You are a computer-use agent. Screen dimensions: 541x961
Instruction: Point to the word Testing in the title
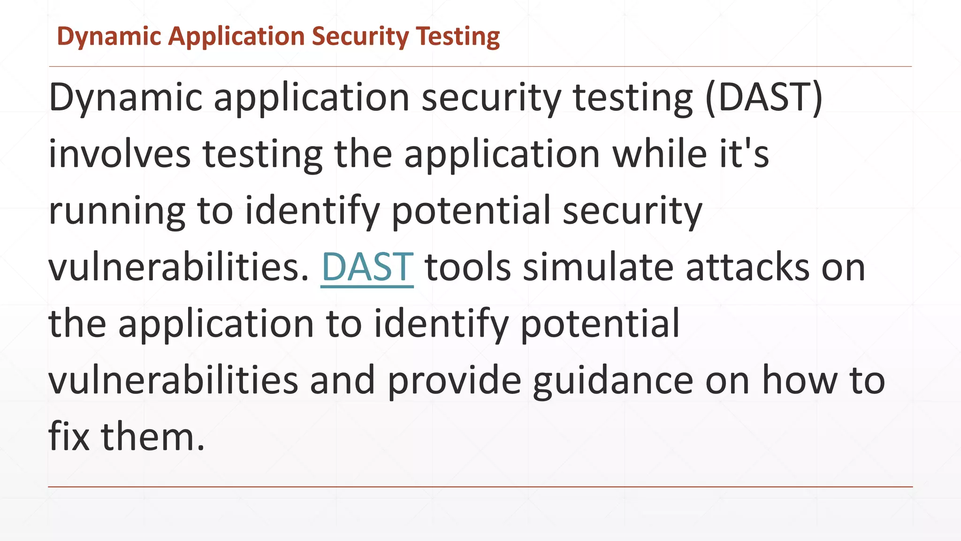(x=458, y=37)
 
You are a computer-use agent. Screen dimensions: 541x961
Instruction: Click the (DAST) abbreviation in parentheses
(x=764, y=98)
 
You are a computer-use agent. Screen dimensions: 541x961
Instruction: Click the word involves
(x=120, y=154)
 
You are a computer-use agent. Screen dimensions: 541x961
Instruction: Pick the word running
(x=117, y=211)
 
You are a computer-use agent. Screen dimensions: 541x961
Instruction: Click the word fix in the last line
(x=69, y=437)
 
